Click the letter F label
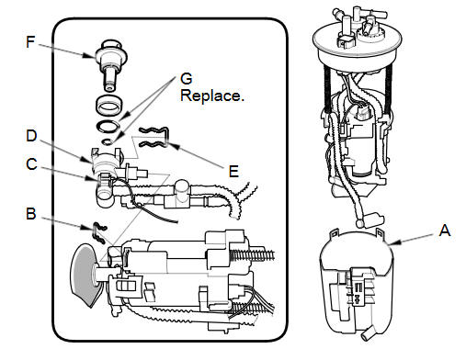[x=30, y=42]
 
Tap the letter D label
[x=31, y=136]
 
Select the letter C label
[x=31, y=164]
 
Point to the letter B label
[x=31, y=214]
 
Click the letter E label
[x=233, y=172]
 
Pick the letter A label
[x=445, y=231]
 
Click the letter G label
[x=187, y=79]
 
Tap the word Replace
[x=212, y=96]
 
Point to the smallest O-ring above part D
[x=107, y=141]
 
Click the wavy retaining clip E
[x=154, y=137]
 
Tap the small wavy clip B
[x=99, y=232]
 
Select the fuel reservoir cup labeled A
[x=357, y=285]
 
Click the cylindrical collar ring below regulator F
[x=108, y=107]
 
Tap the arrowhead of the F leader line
[x=89, y=56]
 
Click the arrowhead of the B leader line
[x=88, y=228]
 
